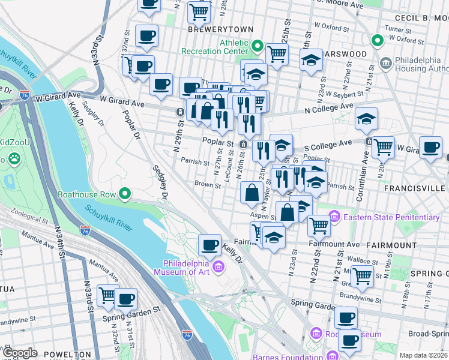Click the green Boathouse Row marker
(125, 194)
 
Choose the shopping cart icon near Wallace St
(363, 275)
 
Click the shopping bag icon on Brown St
(251, 192)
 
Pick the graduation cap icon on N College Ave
(366, 118)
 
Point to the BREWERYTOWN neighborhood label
(220, 29)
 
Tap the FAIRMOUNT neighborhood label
(392, 245)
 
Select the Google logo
(20, 353)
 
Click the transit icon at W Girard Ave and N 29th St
(180, 112)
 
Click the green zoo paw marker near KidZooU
(13, 159)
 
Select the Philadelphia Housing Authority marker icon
(385, 62)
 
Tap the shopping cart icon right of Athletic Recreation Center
(277, 53)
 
